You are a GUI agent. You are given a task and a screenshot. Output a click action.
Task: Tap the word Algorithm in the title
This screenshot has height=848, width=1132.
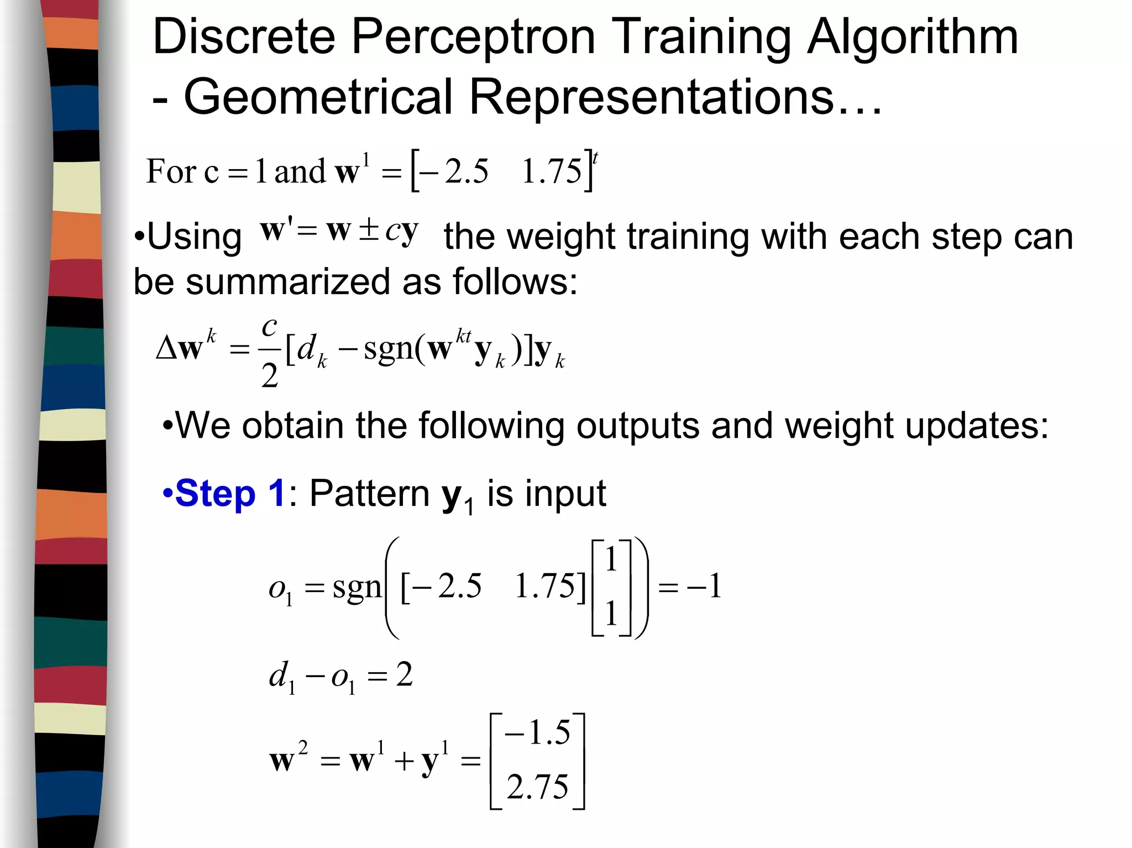point(912,37)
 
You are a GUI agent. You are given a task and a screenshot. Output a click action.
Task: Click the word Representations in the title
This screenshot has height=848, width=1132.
point(651,97)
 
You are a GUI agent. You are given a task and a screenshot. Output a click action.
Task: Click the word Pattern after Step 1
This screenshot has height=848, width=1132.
point(369,493)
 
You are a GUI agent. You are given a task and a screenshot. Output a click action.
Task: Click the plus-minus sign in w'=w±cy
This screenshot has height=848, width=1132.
point(369,231)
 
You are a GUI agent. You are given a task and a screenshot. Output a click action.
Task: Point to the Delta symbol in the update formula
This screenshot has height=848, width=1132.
point(166,348)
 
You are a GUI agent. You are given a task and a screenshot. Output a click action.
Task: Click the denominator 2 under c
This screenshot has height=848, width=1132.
point(269,376)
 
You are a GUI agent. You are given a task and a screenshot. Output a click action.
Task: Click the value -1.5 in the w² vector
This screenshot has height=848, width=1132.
point(537,733)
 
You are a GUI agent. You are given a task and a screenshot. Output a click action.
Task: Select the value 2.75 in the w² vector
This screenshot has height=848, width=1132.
point(537,787)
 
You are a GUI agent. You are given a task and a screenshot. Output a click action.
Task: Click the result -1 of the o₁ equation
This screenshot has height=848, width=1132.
point(704,586)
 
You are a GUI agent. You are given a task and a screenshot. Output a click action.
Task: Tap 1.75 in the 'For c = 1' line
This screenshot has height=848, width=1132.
point(552,171)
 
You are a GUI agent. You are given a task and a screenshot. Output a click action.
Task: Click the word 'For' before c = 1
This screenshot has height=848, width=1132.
point(171,171)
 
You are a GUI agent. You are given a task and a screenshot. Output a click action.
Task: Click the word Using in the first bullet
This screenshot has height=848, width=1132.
point(194,237)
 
